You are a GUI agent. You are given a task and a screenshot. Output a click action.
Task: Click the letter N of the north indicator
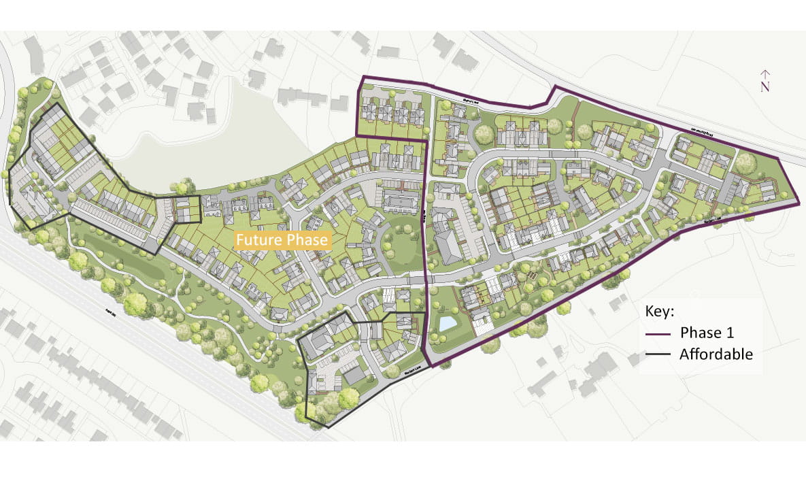tap(765, 87)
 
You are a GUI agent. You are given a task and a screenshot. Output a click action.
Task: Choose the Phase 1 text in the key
tap(707, 333)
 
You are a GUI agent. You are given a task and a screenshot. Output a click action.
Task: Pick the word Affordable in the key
tap(716, 354)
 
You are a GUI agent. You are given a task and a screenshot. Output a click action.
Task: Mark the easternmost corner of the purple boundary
tap(798, 201)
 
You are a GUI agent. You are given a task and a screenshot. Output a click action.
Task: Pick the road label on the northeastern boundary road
tap(701, 132)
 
